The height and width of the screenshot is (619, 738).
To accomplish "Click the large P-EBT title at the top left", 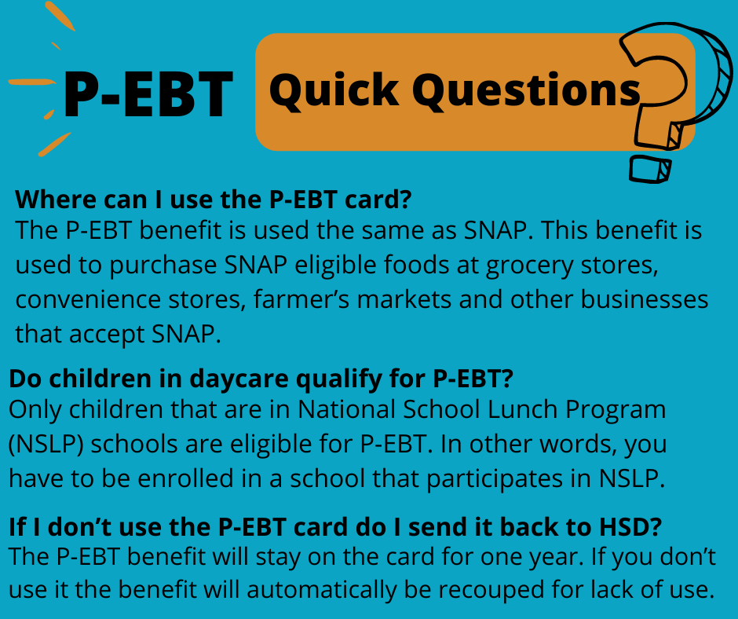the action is (x=148, y=94).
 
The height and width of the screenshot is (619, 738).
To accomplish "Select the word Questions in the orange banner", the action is (x=527, y=90).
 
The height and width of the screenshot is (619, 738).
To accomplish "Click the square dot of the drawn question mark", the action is (x=650, y=170).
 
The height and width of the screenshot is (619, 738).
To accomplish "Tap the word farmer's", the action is (x=301, y=299).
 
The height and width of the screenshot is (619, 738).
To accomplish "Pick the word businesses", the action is (x=645, y=299).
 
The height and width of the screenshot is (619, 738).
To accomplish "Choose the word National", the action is (x=346, y=409).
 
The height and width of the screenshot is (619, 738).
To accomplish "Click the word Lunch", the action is (x=522, y=409).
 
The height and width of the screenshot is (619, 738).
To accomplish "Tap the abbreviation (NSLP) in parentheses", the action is (x=46, y=445).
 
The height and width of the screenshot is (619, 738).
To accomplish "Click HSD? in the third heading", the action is (x=630, y=526).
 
